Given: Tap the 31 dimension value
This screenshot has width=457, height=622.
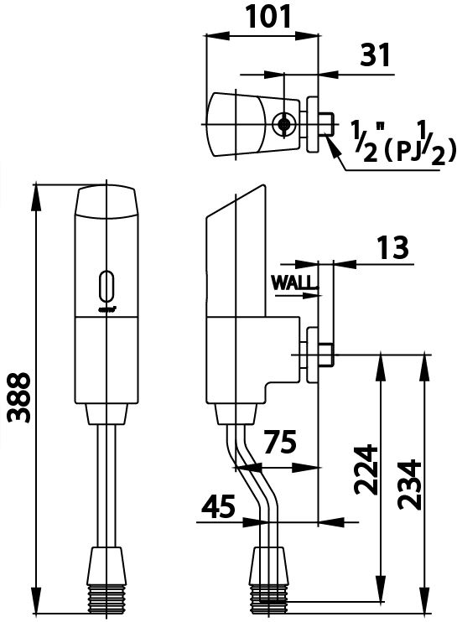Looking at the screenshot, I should (x=375, y=56).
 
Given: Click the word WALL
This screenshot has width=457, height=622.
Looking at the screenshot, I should (x=295, y=282).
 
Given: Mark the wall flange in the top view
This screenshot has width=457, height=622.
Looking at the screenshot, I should (x=313, y=124).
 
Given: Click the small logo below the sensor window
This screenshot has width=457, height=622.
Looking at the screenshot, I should (x=106, y=309).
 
